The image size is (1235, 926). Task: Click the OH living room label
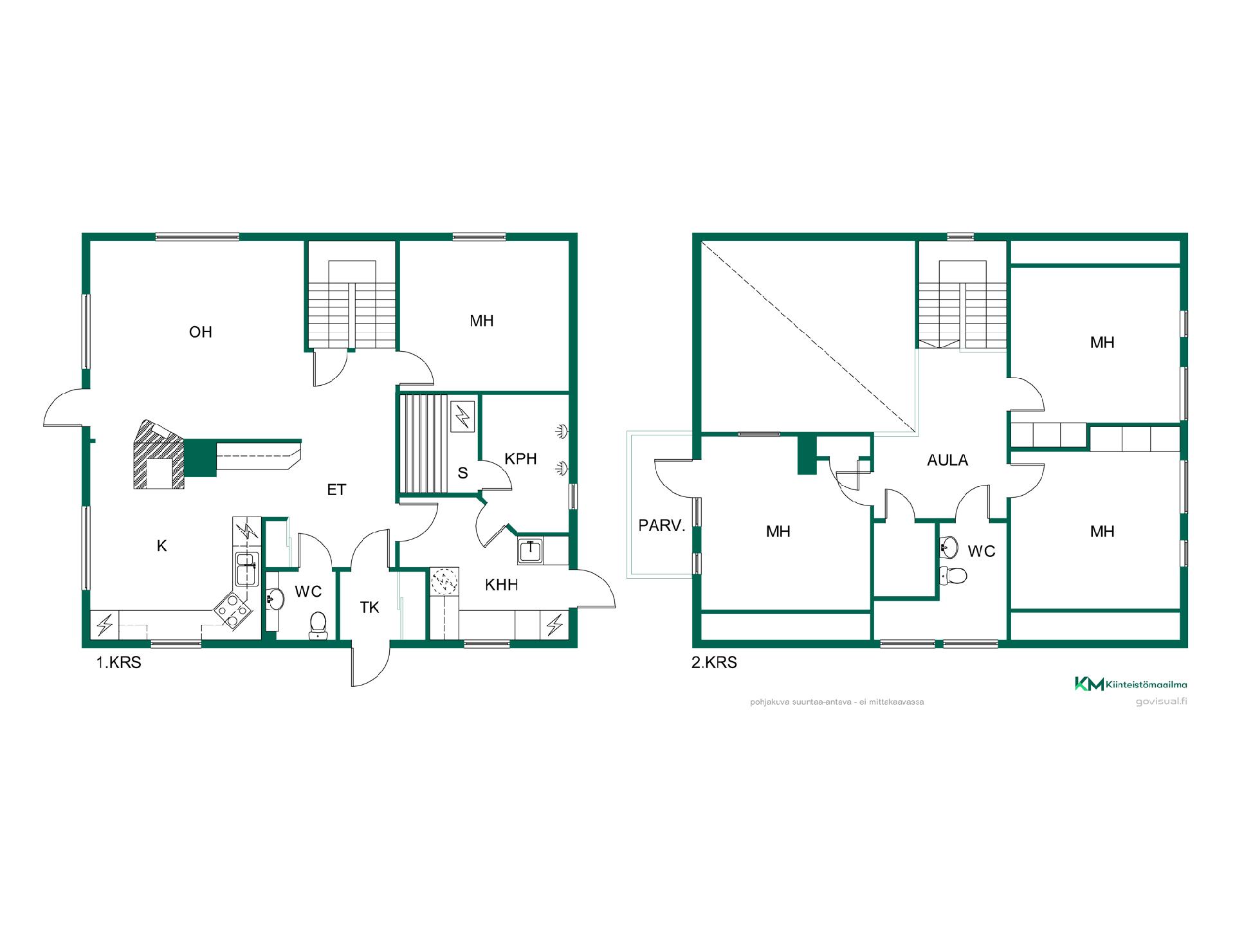coord(200,332)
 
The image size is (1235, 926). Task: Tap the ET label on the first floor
coord(336,490)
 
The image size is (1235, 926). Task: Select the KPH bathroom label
coord(520,459)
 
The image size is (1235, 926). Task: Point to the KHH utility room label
coord(501,585)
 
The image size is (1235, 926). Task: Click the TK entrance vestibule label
coord(370,608)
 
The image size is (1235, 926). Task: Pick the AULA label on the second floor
coord(947,460)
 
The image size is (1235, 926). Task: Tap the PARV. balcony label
coord(662,525)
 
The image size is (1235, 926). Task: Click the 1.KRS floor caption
coord(118,662)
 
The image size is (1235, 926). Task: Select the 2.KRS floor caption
coord(714,662)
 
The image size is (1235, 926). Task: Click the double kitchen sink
coord(247,568)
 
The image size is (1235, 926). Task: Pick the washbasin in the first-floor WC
coord(275,599)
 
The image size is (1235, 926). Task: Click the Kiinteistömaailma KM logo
coord(1130,684)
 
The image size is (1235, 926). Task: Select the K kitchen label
coord(161,546)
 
